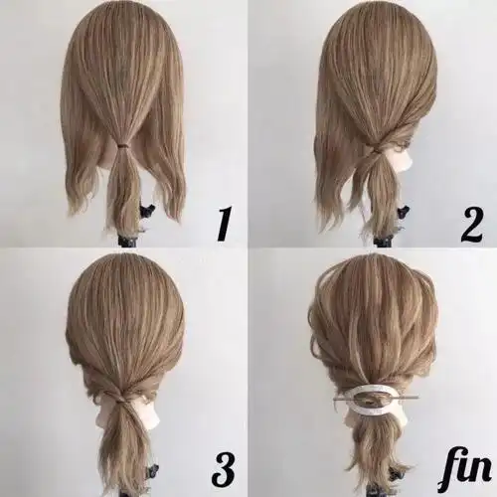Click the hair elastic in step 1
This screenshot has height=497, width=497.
pyautogui.click(x=124, y=145)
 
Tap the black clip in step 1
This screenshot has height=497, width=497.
pyautogui.click(x=146, y=212)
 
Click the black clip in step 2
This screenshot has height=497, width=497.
pyautogui.click(x=404, y=211)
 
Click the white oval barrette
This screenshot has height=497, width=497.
pyautogui.click(x=376, y=398)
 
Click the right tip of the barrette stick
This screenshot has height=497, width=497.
pyautogui.click(x=419, y=396)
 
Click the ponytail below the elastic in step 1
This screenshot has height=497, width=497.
pyautogui.click(x=123, y=186)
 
